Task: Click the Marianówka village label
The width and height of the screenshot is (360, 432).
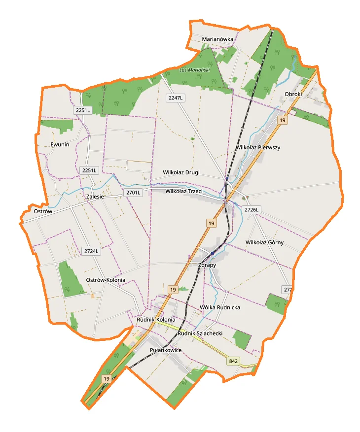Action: tap(217, 39)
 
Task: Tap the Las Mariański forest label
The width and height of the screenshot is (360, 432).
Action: tap(195, 70)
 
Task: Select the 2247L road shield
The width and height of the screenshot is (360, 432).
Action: tap(175, 98)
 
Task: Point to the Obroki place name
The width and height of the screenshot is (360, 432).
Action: tap(293, 94)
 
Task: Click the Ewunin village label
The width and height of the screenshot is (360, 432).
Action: tap(60, 144)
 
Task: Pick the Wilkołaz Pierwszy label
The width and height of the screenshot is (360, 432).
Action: tap(258, 147)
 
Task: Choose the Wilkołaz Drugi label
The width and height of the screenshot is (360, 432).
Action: tap(181, 172)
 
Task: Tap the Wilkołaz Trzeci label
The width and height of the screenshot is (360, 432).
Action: tap(184, 191)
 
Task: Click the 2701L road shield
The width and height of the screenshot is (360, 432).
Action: tap(133, 192)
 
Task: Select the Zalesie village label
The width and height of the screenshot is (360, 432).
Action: tap(95, 197)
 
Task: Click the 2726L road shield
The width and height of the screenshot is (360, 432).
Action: tap(252, 210)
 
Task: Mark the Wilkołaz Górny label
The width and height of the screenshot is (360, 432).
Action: tap(264, 242)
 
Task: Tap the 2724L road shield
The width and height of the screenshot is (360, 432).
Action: tap(92, 251)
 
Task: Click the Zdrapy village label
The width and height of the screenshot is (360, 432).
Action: tap(207, 265)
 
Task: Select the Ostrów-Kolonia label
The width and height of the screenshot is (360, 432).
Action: tap(106, 280)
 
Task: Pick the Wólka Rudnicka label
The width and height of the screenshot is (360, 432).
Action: tap(220, 307)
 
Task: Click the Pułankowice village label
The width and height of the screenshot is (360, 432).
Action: tap(165, 350)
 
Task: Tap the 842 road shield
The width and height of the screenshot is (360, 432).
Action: tap(233, 361)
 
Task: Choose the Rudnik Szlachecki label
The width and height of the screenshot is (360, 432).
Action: tap(200, 333)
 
